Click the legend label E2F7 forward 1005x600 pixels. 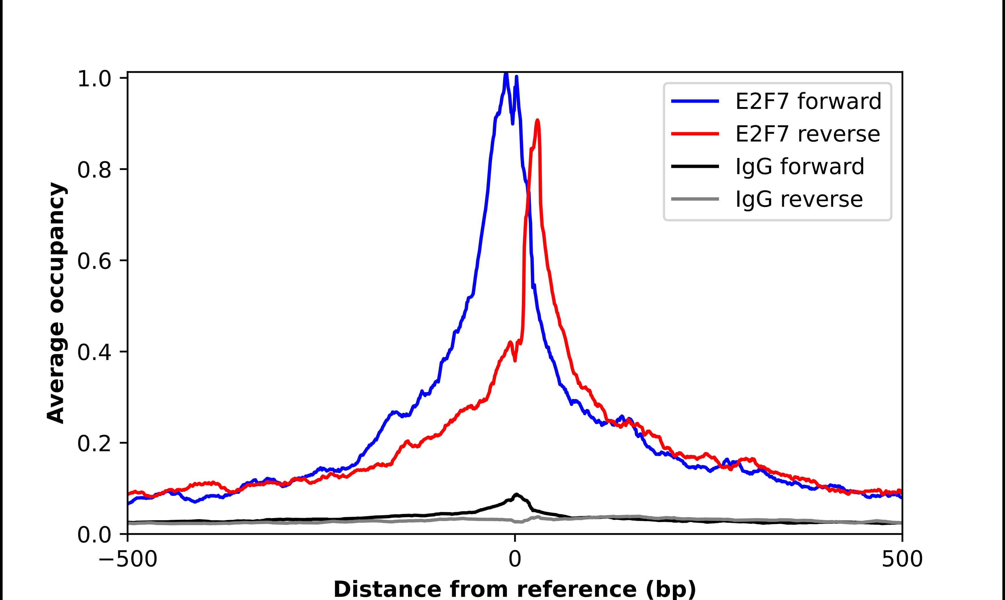pyautogui.click(x=808, y=101)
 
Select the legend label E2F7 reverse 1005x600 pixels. pyautogui.click(x=807, y=134)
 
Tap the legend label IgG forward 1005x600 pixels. pyautogui.click(x=800, y=167)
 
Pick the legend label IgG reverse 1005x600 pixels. pyautogui.click(x=799, y=199)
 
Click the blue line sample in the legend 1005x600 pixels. pyautogui.click(x=695, y=101)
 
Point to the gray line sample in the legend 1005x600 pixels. pyautogui.click(x=695, y=199)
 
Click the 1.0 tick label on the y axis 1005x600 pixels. pyautogui.click(x=94, y=79)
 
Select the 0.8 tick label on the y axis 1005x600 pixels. pyautogui.click(x=94, y=170)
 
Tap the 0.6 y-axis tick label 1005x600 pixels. pyautogui.click(x=94, y=261)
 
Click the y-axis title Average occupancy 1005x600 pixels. pyautogui.click(x=56, y=303)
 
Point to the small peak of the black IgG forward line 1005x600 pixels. pyautogui.click(x=516, y=494)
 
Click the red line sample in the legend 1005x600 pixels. pyautogui.click(x=695, y=134)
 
